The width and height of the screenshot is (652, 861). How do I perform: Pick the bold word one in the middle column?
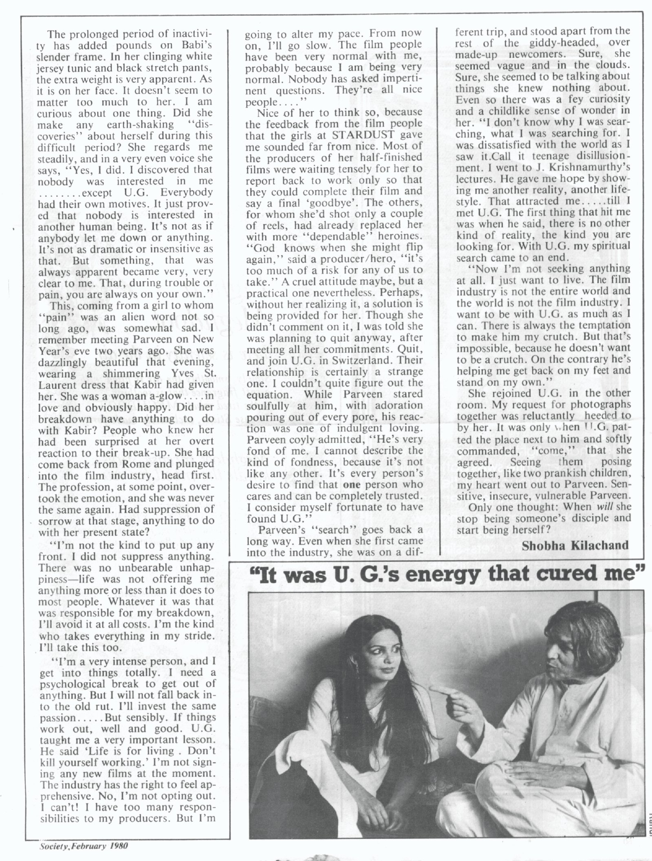click(x=351, y=485)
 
